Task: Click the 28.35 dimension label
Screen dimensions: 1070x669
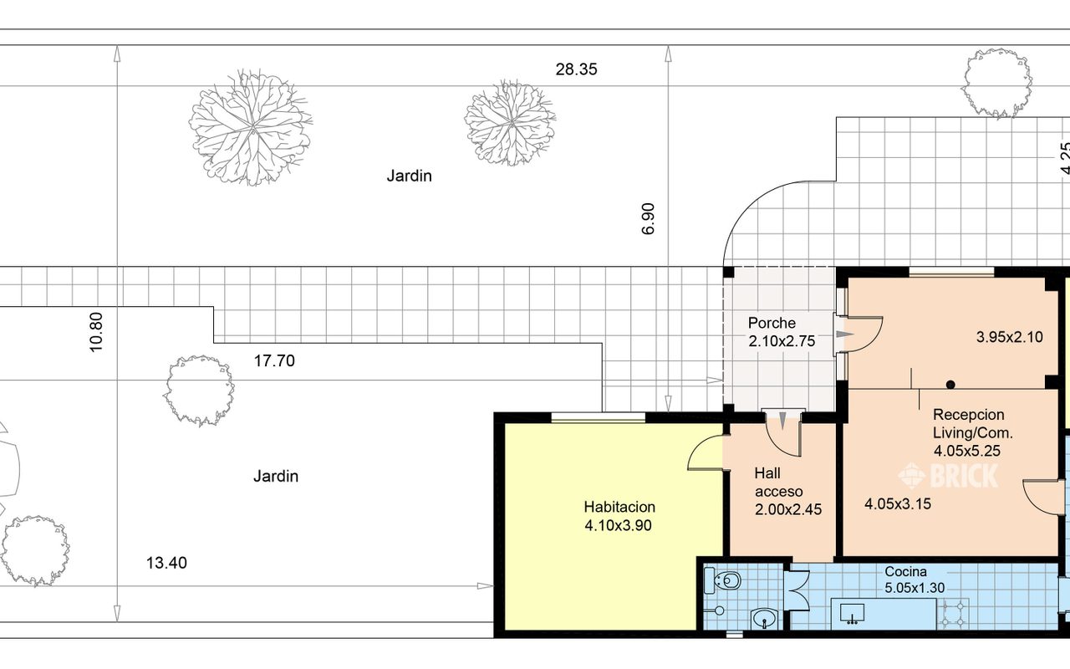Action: pos(576,69)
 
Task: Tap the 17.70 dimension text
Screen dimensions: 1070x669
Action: pos(274,360)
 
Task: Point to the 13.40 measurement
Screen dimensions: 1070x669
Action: pos(166,563)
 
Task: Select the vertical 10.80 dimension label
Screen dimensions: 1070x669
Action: pos(96,332)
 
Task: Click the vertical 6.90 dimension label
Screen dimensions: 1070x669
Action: pos(648,219)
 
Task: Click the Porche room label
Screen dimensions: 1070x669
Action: pos(772,323)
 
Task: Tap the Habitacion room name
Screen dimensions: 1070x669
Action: pos(619,507)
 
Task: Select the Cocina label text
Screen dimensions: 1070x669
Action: pos(905,571)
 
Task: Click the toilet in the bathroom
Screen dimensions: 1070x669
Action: pos(723,581)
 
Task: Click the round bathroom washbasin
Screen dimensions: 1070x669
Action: pos(765,620)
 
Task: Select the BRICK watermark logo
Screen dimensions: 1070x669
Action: pos(948,476)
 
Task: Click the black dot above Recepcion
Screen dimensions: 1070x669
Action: pos(950,384)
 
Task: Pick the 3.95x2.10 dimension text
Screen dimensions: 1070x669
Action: pos(1009,337)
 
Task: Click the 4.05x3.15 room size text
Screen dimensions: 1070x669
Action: pos(898,504)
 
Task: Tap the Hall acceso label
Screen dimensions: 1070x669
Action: pos(778,483)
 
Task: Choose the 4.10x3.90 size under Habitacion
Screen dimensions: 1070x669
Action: pos(618,526)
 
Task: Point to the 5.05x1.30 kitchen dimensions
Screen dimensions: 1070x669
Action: pos(915,588)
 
